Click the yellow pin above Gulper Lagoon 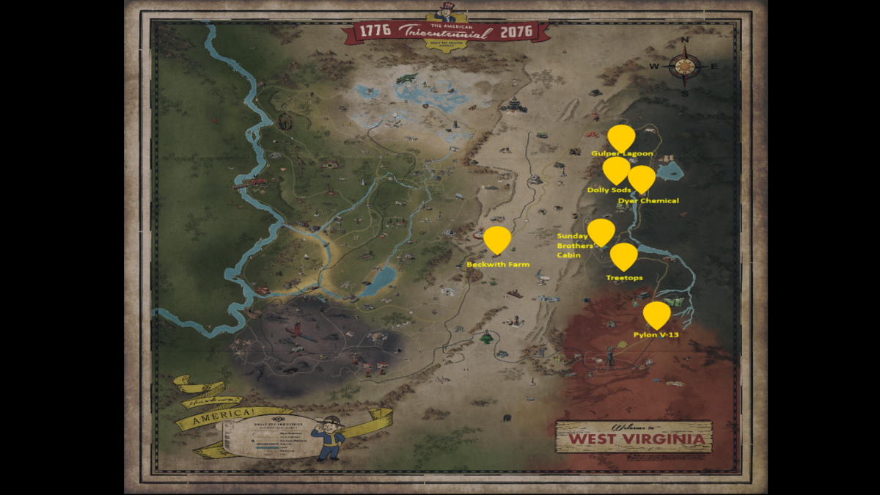pyautogui.click(x=621, y=136)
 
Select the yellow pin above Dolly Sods pyautogui.click(x=616, y=169)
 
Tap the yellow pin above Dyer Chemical pyautogui.click(x=642, y=178)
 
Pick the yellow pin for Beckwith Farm pyautogui.click(x=497, y=239)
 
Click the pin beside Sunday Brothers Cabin pyautogui.click(x=601, y=231)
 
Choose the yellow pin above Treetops pyautogui.click(x=624, y=256)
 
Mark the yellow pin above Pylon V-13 pyautogui.click(x=656, y=314)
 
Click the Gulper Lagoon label pyautogui.click(x=622, y=154)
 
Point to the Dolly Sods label pyautogui.click(x=609, y=190)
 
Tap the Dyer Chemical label pyautogui.click(x=648, y=200)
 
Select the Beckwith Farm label pyautogui.click(x=498, y=264)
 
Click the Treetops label pyautogui.click(x=624, y=278)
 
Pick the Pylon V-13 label pyautogui.click(x=656, y=335)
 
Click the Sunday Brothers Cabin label pyautogui.click(x=574, y=246)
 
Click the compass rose pyautogui.click(x=684, y=66)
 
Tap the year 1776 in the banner pyautogui.click(x=375, y=31)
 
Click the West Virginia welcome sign pyautogui.click(x=634, y=437)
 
